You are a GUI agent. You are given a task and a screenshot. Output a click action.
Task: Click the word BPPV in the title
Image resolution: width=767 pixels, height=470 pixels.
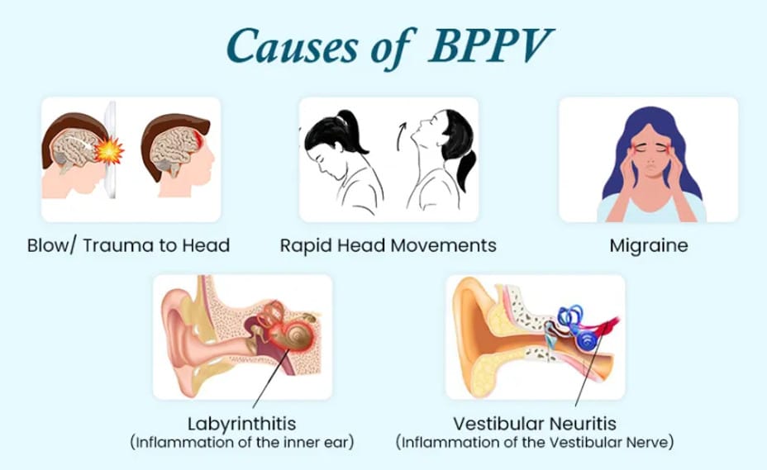point(490,45)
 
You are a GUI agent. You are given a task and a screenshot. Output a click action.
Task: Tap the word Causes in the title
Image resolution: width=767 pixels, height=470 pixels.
point(292,46)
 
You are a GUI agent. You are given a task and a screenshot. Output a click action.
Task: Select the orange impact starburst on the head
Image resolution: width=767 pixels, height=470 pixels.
point(108,150)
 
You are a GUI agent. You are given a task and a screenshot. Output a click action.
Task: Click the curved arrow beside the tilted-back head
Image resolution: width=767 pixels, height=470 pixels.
point(402,137)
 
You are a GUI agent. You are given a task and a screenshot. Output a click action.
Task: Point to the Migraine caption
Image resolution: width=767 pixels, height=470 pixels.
point(649,245)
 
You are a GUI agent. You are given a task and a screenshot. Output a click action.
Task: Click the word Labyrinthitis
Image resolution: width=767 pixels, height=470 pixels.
point(241,423)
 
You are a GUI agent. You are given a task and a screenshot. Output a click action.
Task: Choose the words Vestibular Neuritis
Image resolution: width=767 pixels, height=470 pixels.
point(535,423)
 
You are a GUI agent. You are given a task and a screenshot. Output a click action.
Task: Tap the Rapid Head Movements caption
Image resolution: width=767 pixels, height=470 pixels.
point(388,245)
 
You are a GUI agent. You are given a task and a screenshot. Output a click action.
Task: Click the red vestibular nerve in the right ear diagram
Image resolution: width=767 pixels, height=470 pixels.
point(606,325)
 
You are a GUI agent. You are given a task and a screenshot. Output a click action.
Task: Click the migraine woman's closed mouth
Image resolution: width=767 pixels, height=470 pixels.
point(649,174)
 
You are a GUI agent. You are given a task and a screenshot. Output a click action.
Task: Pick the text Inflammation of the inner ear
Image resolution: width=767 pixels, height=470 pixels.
point(242,443)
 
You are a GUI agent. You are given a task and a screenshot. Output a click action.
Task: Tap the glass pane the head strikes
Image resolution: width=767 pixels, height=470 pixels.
point(112,150)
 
